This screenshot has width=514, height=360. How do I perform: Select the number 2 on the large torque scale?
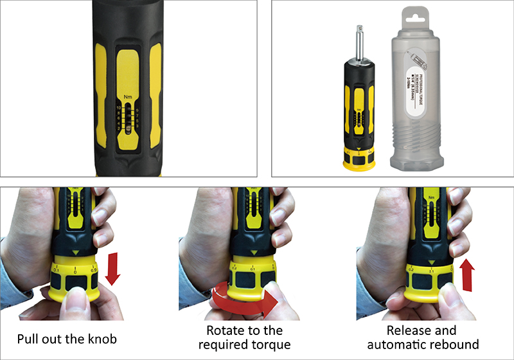click(119, 129)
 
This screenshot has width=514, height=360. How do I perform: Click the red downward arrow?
click(112, 269)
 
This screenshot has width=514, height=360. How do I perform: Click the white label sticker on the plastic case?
click(418, 80)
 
